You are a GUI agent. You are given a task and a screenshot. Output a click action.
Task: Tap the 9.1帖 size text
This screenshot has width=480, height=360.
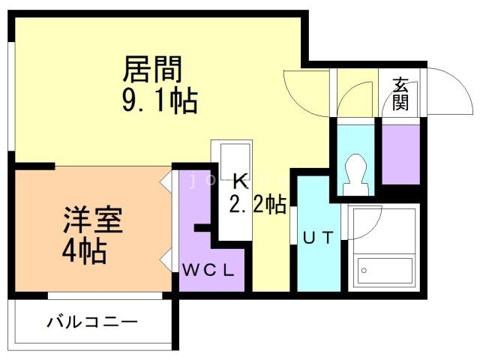pos(159,100)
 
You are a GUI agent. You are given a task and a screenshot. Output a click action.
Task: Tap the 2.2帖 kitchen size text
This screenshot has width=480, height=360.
pos(258,205)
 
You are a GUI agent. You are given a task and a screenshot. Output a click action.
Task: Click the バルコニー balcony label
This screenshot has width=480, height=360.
pos(92,324)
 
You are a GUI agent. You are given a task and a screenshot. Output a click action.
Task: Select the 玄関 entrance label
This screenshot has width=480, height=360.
pos(401,94)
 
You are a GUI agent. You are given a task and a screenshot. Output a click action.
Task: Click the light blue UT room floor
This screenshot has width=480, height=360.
pos(316,262)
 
